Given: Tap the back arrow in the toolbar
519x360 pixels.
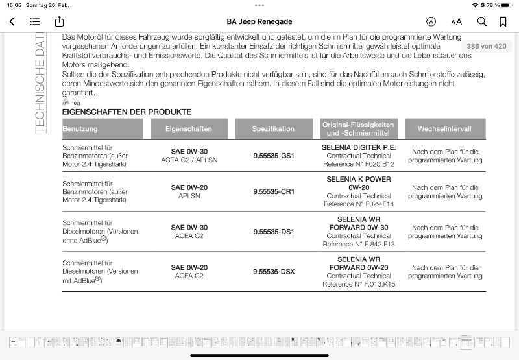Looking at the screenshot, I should point(12,21).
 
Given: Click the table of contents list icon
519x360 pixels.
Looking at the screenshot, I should point(35,21).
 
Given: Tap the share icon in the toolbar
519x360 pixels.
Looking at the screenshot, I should point(59,21).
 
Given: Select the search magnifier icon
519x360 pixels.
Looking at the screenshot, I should point(482,21).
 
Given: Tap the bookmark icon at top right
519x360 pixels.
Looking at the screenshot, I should point(503,21).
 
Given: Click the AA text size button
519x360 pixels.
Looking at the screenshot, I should point(457,21).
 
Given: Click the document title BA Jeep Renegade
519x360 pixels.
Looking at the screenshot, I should point(259,21).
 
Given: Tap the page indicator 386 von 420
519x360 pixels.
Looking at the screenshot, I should point(487,46).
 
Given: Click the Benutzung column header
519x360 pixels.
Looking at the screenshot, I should point(80,129).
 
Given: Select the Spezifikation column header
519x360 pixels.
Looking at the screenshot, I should point(274,129).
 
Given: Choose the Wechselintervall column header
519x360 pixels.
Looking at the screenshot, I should point(444,129).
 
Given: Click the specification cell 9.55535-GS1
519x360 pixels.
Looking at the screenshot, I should point(274,156).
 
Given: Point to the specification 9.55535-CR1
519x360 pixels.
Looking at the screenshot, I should point(274,192).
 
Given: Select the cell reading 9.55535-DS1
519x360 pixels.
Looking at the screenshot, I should point(274,232).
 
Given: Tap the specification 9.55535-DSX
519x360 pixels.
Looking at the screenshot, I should point(274,271).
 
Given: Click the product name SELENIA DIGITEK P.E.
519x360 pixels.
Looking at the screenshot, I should point(359,147).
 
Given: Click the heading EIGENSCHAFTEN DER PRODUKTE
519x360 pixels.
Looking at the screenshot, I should point(127,112).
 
